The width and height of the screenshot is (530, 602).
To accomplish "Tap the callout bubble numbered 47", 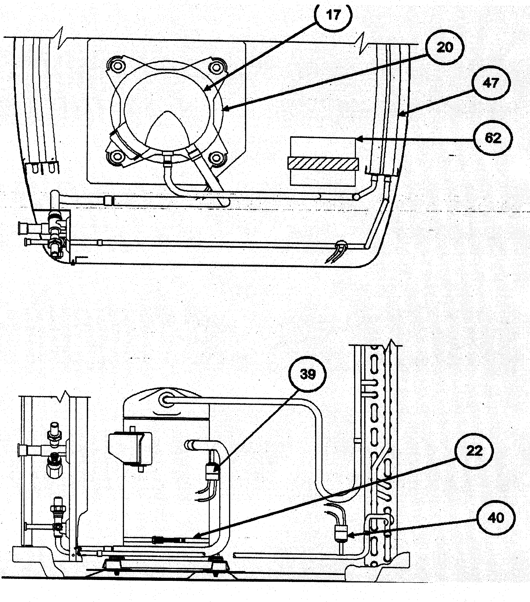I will (x=490, y=83).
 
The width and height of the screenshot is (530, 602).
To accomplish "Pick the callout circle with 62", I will (x=492, y=138).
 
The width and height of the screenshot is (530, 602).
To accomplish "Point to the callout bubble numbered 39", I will (x=308, y=374).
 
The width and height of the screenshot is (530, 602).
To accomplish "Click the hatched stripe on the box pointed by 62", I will (x=323, y=163).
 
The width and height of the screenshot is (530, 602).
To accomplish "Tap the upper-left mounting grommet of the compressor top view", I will (x=118, y=66).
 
